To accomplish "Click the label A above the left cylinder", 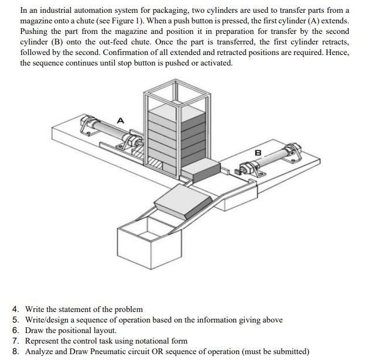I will click(x=121, y=120).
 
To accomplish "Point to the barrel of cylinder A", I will click(x=108, y=130).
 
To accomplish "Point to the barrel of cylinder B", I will click(x=275, y=159).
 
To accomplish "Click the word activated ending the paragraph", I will click(x=216, y=63).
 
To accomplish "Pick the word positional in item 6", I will click(x=75, y=330).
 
